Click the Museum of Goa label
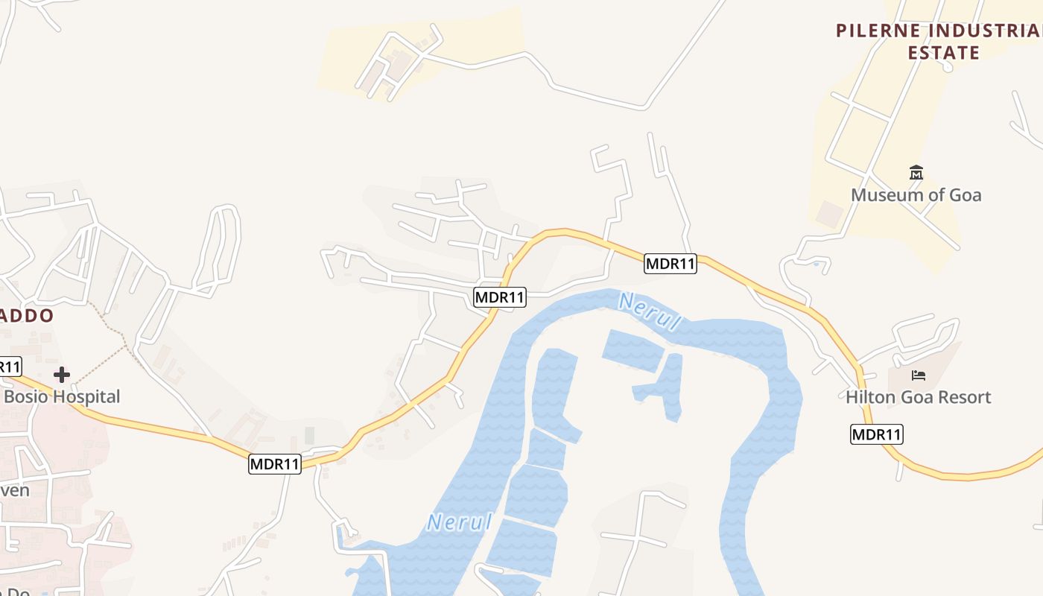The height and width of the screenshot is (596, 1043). coord(916,195)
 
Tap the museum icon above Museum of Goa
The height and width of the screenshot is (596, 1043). coord(916,173)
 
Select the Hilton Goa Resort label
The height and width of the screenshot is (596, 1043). coord(918,397)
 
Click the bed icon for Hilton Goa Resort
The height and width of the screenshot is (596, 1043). coord(919,374)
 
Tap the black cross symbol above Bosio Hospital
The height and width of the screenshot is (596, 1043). coord(62,374)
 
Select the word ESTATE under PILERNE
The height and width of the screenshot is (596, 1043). coord(943,53)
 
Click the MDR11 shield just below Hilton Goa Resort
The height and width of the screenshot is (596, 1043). coord(876,434)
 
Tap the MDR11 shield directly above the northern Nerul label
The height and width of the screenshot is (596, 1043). coord(670,263)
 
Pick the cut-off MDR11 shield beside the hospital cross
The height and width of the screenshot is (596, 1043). coord(10,367)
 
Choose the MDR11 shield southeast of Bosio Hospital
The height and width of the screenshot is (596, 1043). coord(274,464)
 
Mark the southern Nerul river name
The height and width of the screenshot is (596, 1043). coord(460,521)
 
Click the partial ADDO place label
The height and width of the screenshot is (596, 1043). coord(27,316)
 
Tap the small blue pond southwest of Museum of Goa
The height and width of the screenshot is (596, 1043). coord(817,264)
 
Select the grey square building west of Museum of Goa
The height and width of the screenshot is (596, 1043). coord(829,215)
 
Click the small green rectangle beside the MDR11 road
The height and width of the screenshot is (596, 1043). coord(309,435)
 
